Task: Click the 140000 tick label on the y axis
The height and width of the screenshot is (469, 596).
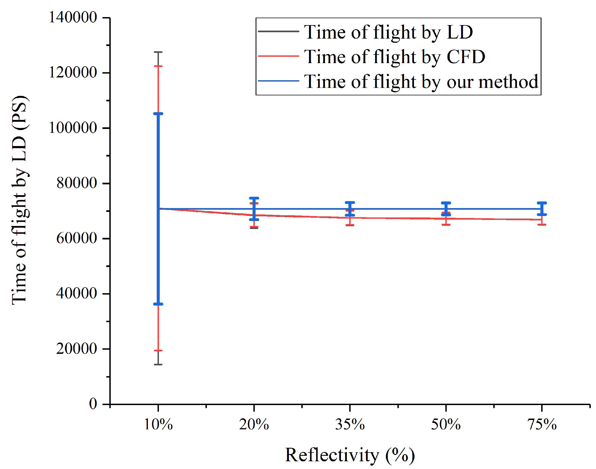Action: coord(73,17)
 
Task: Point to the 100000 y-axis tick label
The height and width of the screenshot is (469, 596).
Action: coord(73,128)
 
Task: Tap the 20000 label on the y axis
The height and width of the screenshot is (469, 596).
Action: coord(76,349)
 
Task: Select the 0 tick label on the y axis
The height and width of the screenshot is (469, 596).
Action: coord(93,404)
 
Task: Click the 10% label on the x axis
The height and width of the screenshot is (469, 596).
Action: coord(158,425)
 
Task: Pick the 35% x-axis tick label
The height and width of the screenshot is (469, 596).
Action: coord(350,425)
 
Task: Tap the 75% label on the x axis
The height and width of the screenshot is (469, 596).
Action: coord(542,425)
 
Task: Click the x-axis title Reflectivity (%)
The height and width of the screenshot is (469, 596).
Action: coord(350,455)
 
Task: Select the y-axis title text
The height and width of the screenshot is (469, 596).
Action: coord(20,200)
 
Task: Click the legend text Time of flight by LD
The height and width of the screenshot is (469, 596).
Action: coord(388,32)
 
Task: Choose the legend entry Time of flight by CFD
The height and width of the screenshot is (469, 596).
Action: coord(394,57)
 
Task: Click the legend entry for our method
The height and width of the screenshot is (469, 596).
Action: coord(421,82)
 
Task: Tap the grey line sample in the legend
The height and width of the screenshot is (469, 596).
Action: coord(278,31)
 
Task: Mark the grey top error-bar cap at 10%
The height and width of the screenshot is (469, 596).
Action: coord(158,52)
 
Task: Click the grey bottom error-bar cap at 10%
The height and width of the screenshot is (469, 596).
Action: coord(158,365)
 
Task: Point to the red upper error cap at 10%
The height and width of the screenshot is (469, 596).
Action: coord(158,66)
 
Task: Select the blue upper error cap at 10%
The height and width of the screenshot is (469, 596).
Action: coord(158,114)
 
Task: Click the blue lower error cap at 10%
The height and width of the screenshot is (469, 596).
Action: coord(158,304)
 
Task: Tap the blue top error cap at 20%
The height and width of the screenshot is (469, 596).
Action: coord(254,198)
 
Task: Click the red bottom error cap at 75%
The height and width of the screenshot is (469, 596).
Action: coord(542,225)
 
